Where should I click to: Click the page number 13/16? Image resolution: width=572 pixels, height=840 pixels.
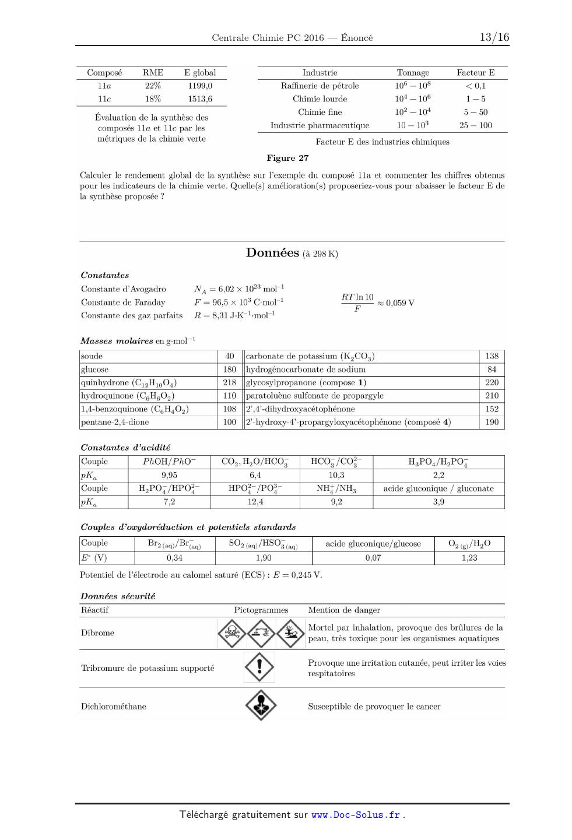pos(494,38)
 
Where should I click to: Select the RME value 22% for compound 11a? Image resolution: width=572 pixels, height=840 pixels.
pos(153,86)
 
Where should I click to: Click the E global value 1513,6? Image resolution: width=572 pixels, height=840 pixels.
pos(200,99)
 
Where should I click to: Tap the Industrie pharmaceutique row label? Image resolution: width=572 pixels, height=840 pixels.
pos(320,125)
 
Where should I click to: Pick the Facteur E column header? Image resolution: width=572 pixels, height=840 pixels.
pos(475,73)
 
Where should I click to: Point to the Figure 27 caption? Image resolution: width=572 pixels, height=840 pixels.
pos(287,158)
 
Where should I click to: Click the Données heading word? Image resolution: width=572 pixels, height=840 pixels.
pos(272,252)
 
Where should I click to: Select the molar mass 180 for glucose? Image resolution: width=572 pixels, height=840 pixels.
pos(230,370)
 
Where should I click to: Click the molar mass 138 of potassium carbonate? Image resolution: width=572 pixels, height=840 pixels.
pos(492,356)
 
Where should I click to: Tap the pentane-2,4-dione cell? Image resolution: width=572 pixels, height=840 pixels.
pos(115,422)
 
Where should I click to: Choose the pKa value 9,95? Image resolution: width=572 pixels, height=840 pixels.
pos(169,475)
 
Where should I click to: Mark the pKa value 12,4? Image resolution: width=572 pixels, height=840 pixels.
pos(255,502)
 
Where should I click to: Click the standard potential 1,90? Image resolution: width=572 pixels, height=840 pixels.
pos(264,558)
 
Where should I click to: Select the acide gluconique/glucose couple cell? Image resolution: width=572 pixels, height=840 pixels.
pos(373,543)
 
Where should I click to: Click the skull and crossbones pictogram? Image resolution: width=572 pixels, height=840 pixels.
pos(231,632)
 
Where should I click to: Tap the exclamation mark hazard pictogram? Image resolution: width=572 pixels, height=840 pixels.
pos(259,666)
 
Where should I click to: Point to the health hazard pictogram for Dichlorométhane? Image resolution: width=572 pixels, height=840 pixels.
pos(260,705)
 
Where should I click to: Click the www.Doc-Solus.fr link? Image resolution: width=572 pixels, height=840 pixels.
pos(356,815)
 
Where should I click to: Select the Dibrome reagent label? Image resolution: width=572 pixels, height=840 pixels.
pos(97,633)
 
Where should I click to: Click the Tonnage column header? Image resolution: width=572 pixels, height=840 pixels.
pos(413,73)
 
